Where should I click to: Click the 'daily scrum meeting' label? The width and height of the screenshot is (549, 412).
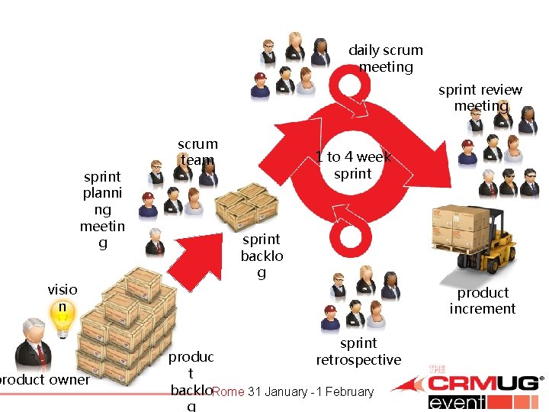coord(385,59)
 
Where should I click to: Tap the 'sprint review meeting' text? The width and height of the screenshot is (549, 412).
coord(480,98)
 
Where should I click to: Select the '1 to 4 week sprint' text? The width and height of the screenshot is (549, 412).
coord(353,165)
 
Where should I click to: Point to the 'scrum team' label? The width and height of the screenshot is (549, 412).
coord(197,151)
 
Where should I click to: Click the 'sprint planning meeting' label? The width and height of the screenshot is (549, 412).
coord(102,210)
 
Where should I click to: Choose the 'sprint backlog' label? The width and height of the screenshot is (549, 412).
coord(262,256)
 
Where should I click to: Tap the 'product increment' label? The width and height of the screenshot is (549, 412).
coord(482,301)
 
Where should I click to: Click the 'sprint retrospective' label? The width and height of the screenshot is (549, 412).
coord(358,351)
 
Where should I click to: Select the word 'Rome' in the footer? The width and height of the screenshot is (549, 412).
coord(228,392)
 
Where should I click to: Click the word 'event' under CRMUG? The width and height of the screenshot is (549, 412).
coord(457,403)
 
